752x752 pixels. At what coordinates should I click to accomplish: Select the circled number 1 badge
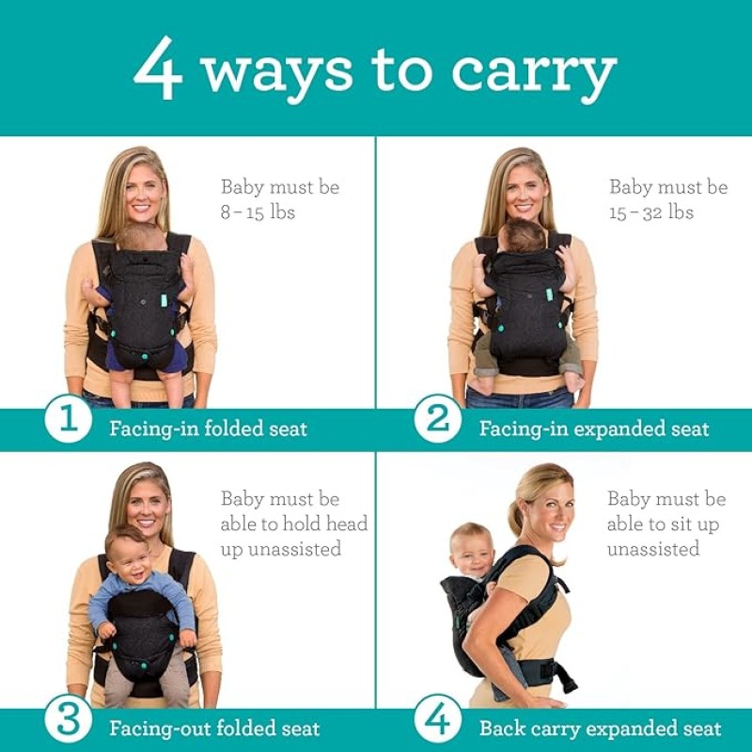pyautogui.click(x=68, y=419)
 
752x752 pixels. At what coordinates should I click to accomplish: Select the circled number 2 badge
pyautogui.click(x=438, y=419)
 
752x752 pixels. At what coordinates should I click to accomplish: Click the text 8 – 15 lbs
pyautogui.click(x=258, y=212)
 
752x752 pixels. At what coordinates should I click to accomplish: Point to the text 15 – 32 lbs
pyautogui.click(x=650, y=212)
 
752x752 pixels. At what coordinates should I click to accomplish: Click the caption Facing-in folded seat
pyautogui.click(x=208, y=430)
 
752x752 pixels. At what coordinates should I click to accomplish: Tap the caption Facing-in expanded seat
pyautogui.click(x=594, y=430)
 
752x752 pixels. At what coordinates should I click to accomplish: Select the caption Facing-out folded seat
pyautogui.click(x=214, y=728)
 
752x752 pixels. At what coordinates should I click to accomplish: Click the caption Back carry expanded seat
pyautogui.click(x=600, y=728)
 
